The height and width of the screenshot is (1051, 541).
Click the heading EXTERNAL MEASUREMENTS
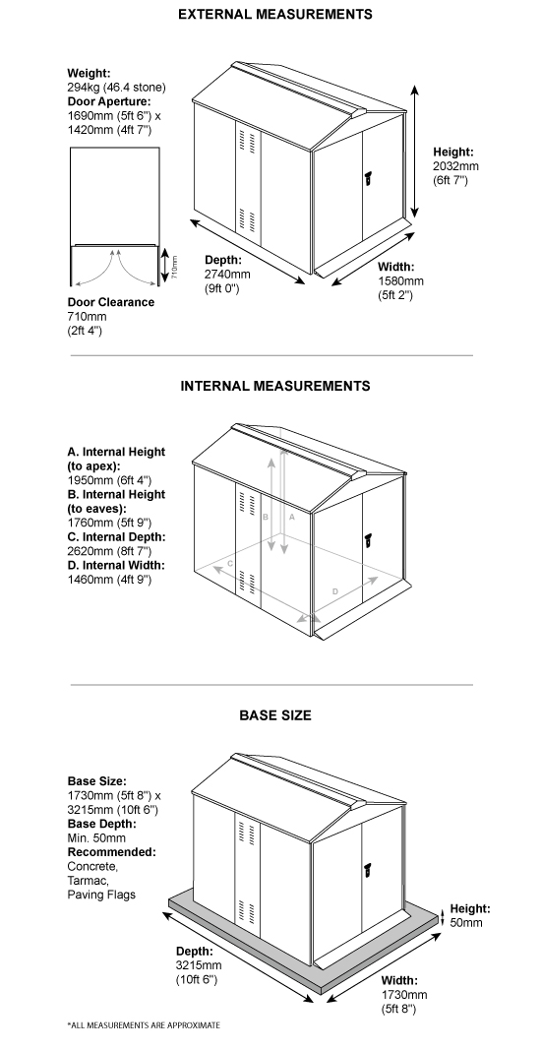tap(274, 15)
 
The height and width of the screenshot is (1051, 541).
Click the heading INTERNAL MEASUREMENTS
tap(275, 386)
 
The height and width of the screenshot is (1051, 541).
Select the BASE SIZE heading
tap(275, 715)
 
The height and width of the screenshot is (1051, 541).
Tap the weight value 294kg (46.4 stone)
tap(116, 88)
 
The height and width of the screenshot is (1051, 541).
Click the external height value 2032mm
tap(455, 166)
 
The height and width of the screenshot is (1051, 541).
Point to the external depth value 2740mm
tap(226, 274)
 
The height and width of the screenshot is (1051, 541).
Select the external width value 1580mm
tap(400, 280)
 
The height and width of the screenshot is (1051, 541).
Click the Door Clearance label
tap(110, 302)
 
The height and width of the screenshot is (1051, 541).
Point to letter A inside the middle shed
tap(291, 515)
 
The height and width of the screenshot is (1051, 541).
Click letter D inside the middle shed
tap(335, 590)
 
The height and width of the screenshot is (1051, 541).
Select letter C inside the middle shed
tap(229, 563)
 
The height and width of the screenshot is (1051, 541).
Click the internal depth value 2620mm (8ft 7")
tap(116, 552)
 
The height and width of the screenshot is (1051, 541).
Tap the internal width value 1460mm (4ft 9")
tap(116, 581)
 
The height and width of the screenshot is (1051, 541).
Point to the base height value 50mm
tap(467, 923)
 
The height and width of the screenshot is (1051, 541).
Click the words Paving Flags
tap(101, 895)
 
